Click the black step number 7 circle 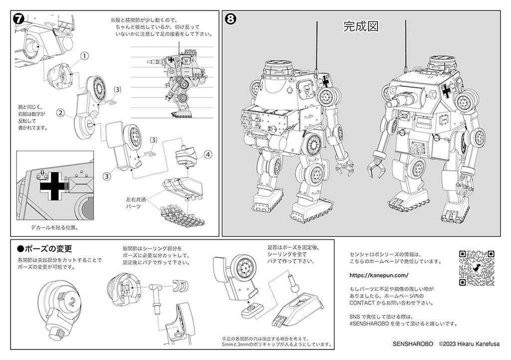17,18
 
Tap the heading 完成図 359,26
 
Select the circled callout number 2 60,113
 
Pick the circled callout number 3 106,176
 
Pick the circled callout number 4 208,154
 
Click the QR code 476,268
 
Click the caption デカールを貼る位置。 55,227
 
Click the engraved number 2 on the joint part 73,301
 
